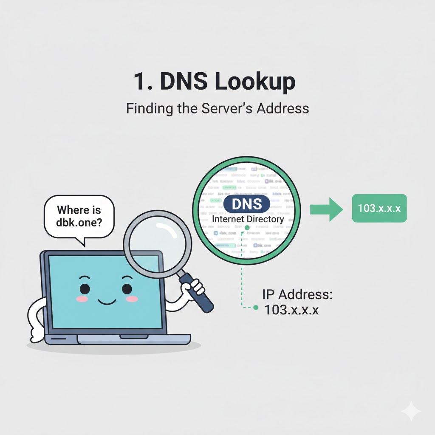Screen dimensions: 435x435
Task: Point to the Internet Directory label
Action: pyautogui.click(x=248, y=220)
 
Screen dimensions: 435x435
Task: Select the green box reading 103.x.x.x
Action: pyautogui.click(x=379, y=208)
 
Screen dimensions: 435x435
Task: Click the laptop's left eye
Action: pyautogui.click(x=85, y=288)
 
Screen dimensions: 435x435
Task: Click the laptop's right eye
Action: pyautogui.click(x=127, y=288)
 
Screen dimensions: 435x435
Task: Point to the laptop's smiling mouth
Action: pyautogui.click(x=106, y=302)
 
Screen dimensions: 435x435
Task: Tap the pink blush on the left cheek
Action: pyautogui.click(x=82, y=299)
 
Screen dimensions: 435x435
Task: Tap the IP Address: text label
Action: pyautogui.click(x=297, y=295)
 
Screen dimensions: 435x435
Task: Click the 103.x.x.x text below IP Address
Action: pyautogui.click(x=291, y=310)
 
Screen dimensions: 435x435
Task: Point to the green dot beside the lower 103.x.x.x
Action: pyautogui.click(x=255, y=308)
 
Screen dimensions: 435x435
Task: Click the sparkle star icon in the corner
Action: pyautogui.click(x=411, y=411)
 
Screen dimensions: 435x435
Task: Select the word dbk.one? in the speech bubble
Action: pyautogui.click(x=79, y=223)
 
